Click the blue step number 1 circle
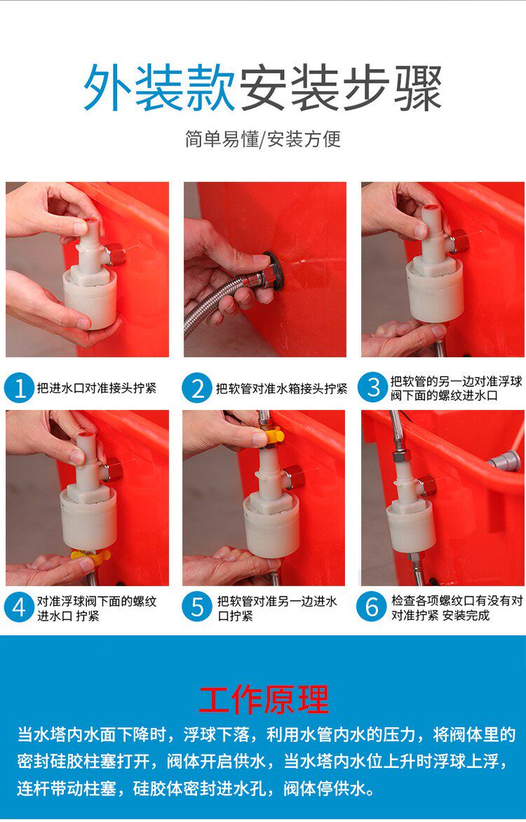[x=20, y=388]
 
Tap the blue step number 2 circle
[x=197, y=388]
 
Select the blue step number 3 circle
[x=373, y=388]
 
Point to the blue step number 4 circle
[x=20, y=608]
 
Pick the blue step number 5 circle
[x=197, y=608]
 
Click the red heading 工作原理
[x=264, y=698]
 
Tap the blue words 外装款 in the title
[x=159, y=87]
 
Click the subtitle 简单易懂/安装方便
[x=263, y=139]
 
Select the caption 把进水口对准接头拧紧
[x=96, y=388]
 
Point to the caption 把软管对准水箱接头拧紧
[x=281, y=388]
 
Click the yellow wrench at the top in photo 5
[x=273, y=436]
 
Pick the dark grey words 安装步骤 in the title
[x=341, y=87]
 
